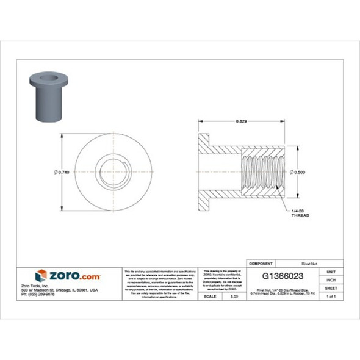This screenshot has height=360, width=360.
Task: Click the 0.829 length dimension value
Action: [x=242, y=122]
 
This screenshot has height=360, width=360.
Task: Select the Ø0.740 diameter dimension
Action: [x=62, y=173]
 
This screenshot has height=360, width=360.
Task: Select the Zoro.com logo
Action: [x=68, y=275]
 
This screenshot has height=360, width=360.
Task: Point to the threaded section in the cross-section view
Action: [x=262, y=173]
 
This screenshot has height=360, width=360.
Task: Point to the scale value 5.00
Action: [x=234, y=296]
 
